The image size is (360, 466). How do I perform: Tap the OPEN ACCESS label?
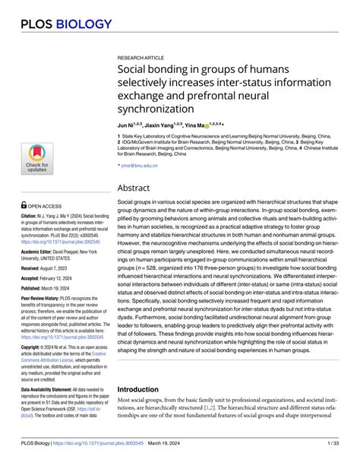point(48,204)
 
